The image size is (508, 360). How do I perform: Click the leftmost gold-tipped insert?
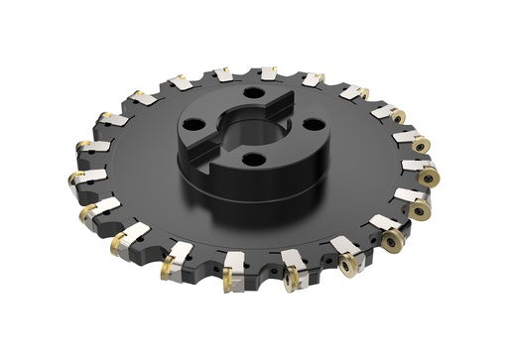(76, 180)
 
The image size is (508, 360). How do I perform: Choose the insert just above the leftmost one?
(86, 148)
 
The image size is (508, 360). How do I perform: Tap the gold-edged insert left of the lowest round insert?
(292, 278)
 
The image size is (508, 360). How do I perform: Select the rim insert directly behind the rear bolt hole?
(270, 74)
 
